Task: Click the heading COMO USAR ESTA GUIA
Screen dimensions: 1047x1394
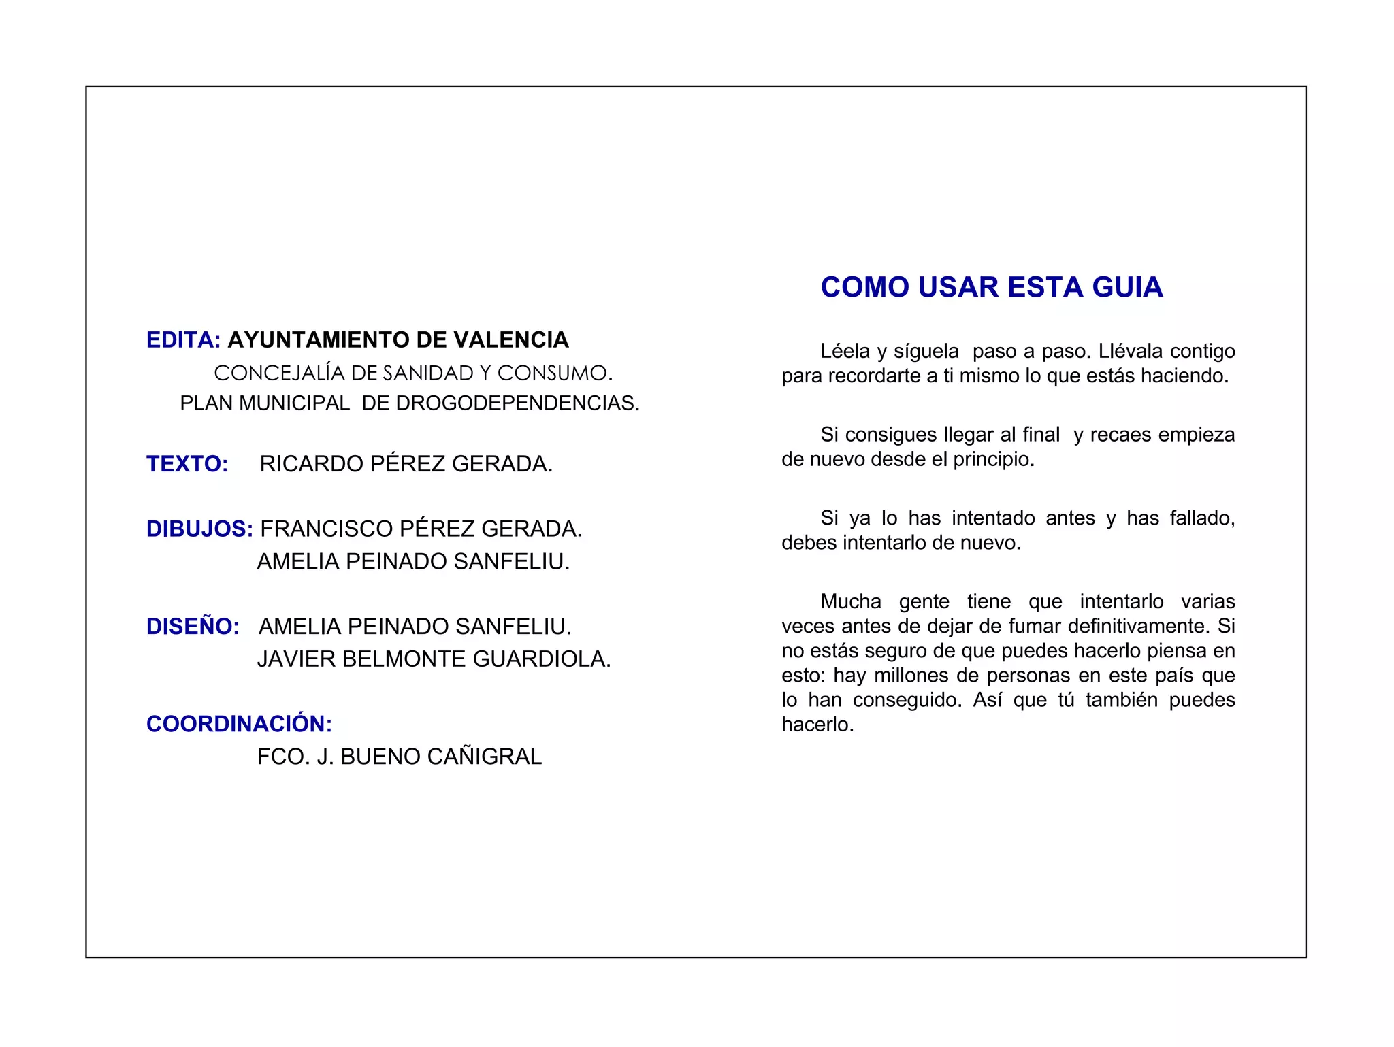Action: (991, 287)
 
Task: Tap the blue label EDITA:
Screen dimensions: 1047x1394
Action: (183, 340)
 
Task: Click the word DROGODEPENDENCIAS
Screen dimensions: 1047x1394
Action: (517, 403)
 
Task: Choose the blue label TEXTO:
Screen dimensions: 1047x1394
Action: (187, 464)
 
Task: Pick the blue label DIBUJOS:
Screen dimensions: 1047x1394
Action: (199, 529)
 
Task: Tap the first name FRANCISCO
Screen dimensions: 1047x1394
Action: (326, 529)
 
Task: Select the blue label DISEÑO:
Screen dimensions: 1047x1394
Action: (193, 627)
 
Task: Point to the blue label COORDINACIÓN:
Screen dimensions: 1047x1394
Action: (239, 724)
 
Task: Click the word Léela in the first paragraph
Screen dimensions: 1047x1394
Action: (845, 351)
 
